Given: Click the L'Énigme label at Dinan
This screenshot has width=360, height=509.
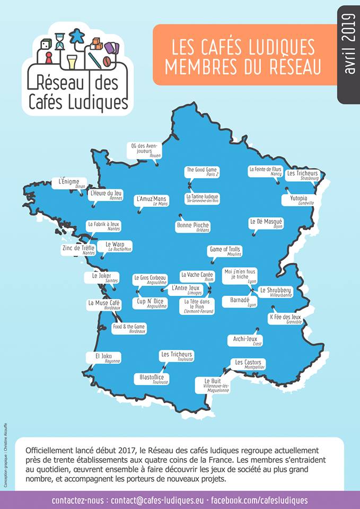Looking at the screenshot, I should point(69,183).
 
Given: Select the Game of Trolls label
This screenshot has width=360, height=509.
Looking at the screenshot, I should point(225,251).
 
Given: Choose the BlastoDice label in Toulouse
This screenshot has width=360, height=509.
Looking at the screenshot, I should point(151,379).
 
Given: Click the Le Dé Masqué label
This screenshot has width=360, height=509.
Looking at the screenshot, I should point(266,223).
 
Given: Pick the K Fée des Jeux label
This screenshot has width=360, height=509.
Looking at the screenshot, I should point(285,318).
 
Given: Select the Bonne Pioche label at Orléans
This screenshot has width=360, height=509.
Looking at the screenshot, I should point(192,226).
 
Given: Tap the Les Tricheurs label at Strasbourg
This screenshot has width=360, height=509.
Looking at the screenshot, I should point(303,175).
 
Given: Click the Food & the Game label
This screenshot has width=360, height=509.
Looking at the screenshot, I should point(129,328).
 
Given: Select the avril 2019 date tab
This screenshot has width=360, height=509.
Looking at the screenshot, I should point(349,53).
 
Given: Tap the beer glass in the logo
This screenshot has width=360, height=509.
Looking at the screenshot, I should point(72,61).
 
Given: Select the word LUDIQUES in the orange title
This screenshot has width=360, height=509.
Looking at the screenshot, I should point(277,48).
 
